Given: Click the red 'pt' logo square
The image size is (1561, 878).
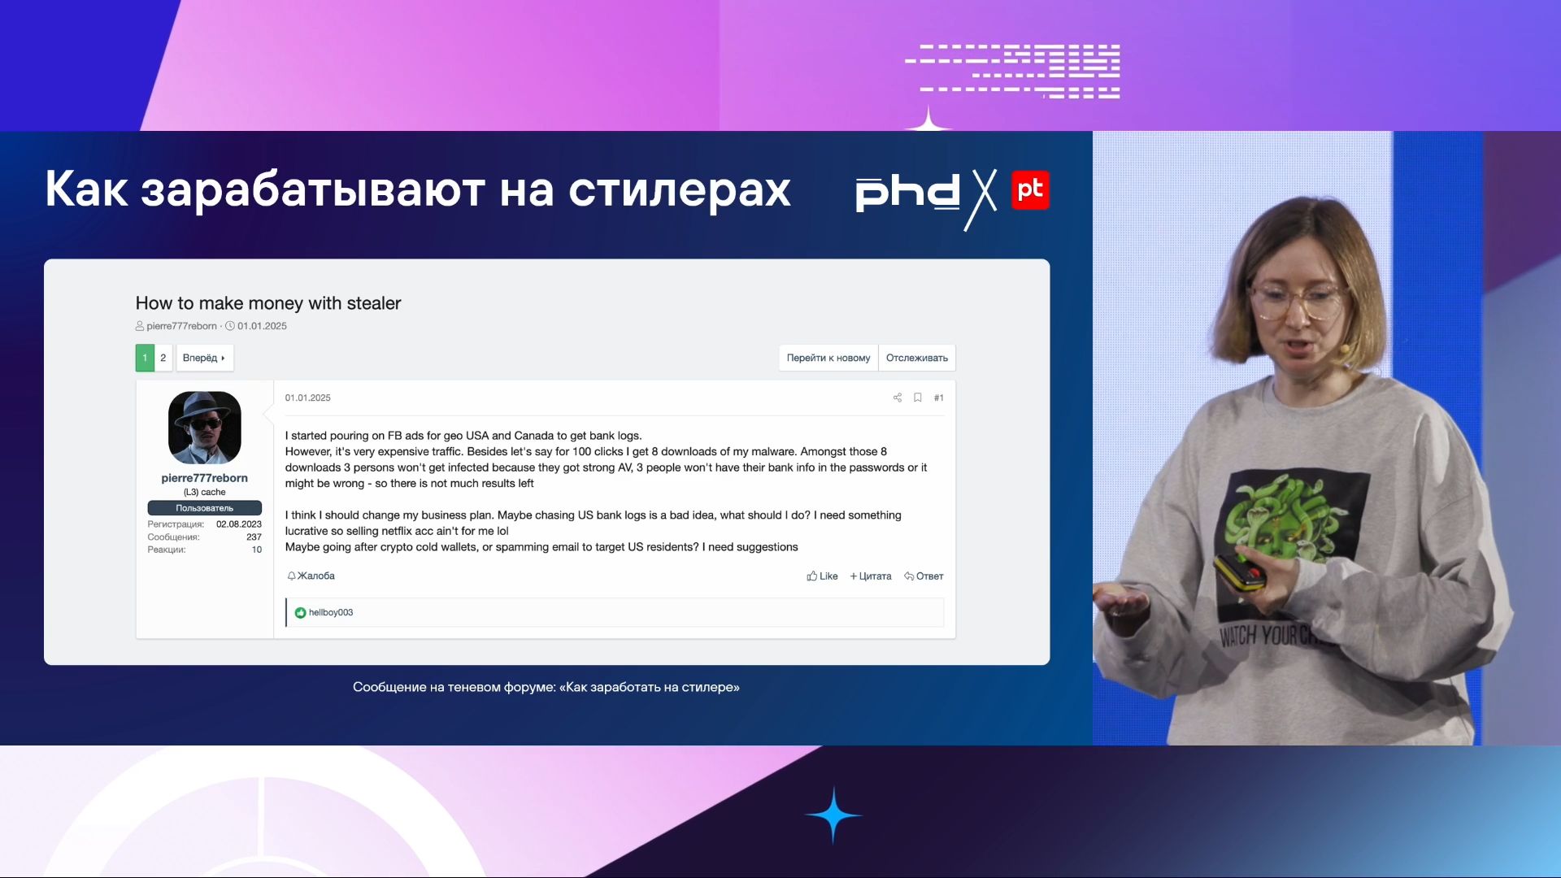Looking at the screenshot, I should point(1030,190).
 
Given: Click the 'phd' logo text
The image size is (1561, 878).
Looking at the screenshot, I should point(907,193).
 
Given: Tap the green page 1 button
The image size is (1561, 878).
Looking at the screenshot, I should point(145,358).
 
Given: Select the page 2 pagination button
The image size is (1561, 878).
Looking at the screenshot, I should point(163,358).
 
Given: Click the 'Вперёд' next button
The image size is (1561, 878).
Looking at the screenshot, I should point(204,358).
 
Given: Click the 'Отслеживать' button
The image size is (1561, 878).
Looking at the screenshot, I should point(916,358).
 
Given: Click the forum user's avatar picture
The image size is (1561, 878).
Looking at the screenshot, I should point(205,428).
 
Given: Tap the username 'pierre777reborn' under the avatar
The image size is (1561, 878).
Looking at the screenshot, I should point(204,478).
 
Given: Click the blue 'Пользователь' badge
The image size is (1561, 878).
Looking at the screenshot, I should point(204,508).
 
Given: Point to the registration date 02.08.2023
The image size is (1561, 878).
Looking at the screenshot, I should point(238,524).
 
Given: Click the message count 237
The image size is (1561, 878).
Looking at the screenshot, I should point(254,537).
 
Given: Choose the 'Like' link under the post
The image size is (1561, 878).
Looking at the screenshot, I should point(822,576).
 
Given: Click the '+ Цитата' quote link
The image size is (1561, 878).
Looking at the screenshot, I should point(871,576).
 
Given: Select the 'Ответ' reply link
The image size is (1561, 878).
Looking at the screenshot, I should point(924,576).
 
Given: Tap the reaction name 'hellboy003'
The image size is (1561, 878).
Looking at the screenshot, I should point(330,613).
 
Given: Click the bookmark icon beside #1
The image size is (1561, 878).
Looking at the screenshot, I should point(917,398).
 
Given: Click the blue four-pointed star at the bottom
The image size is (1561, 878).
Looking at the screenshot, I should point(833,815).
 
